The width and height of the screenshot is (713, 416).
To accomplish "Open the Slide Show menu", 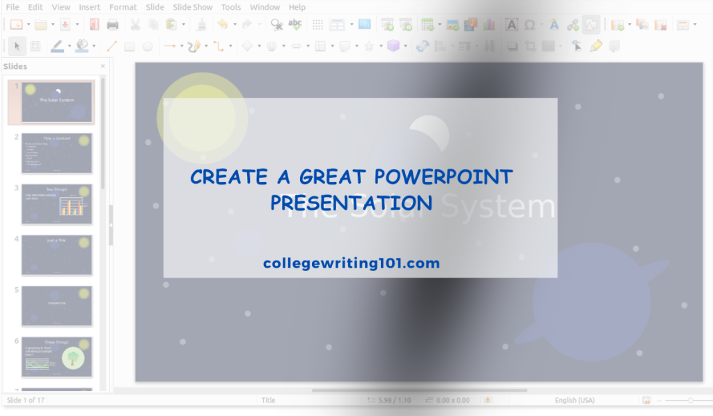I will point(193,7).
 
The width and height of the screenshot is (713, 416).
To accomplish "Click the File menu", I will point(13,7).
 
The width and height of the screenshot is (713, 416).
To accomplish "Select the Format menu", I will point(123,7).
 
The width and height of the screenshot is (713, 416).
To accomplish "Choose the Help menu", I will point(297,7).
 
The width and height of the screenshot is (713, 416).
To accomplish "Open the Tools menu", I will point(231,7).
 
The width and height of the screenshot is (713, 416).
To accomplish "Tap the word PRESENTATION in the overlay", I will point(352,203).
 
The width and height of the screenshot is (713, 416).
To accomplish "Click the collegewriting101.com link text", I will point(352,263).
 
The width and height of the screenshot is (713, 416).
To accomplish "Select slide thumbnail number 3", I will point(57,203).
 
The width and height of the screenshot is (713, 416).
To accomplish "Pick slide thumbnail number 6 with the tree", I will point(57,357).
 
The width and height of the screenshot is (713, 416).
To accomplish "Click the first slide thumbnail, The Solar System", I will point(57,102).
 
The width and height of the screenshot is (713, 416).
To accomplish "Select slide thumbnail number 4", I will point(57,254).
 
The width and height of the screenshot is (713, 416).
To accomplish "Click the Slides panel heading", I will point(15,66).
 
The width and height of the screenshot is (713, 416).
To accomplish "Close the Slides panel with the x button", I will point(103,66).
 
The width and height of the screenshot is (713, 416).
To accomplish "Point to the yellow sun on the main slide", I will point(201,117).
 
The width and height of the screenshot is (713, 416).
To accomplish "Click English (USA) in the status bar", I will point(574,400).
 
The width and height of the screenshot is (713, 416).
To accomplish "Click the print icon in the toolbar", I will point(113,25).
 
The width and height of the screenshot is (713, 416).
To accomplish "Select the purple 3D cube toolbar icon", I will point(393,46).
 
